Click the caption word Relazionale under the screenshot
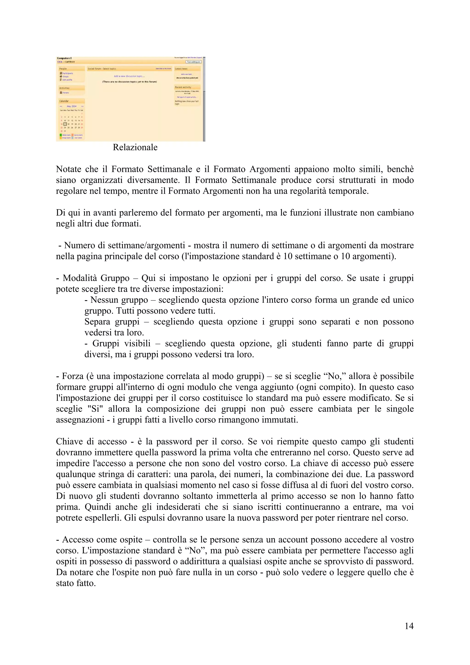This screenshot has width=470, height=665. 135,147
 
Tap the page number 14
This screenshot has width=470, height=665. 409,626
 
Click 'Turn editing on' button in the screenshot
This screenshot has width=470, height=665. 193,62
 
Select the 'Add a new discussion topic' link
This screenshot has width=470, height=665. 129,76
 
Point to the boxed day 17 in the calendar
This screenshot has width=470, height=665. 65,124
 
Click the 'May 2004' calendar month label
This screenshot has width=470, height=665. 72,106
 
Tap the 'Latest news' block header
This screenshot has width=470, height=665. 182,69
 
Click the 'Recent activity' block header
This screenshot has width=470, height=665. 183,87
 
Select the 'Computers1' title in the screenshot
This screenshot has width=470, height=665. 64,58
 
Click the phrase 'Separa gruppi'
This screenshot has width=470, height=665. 112,322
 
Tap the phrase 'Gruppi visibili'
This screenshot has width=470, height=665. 121,344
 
